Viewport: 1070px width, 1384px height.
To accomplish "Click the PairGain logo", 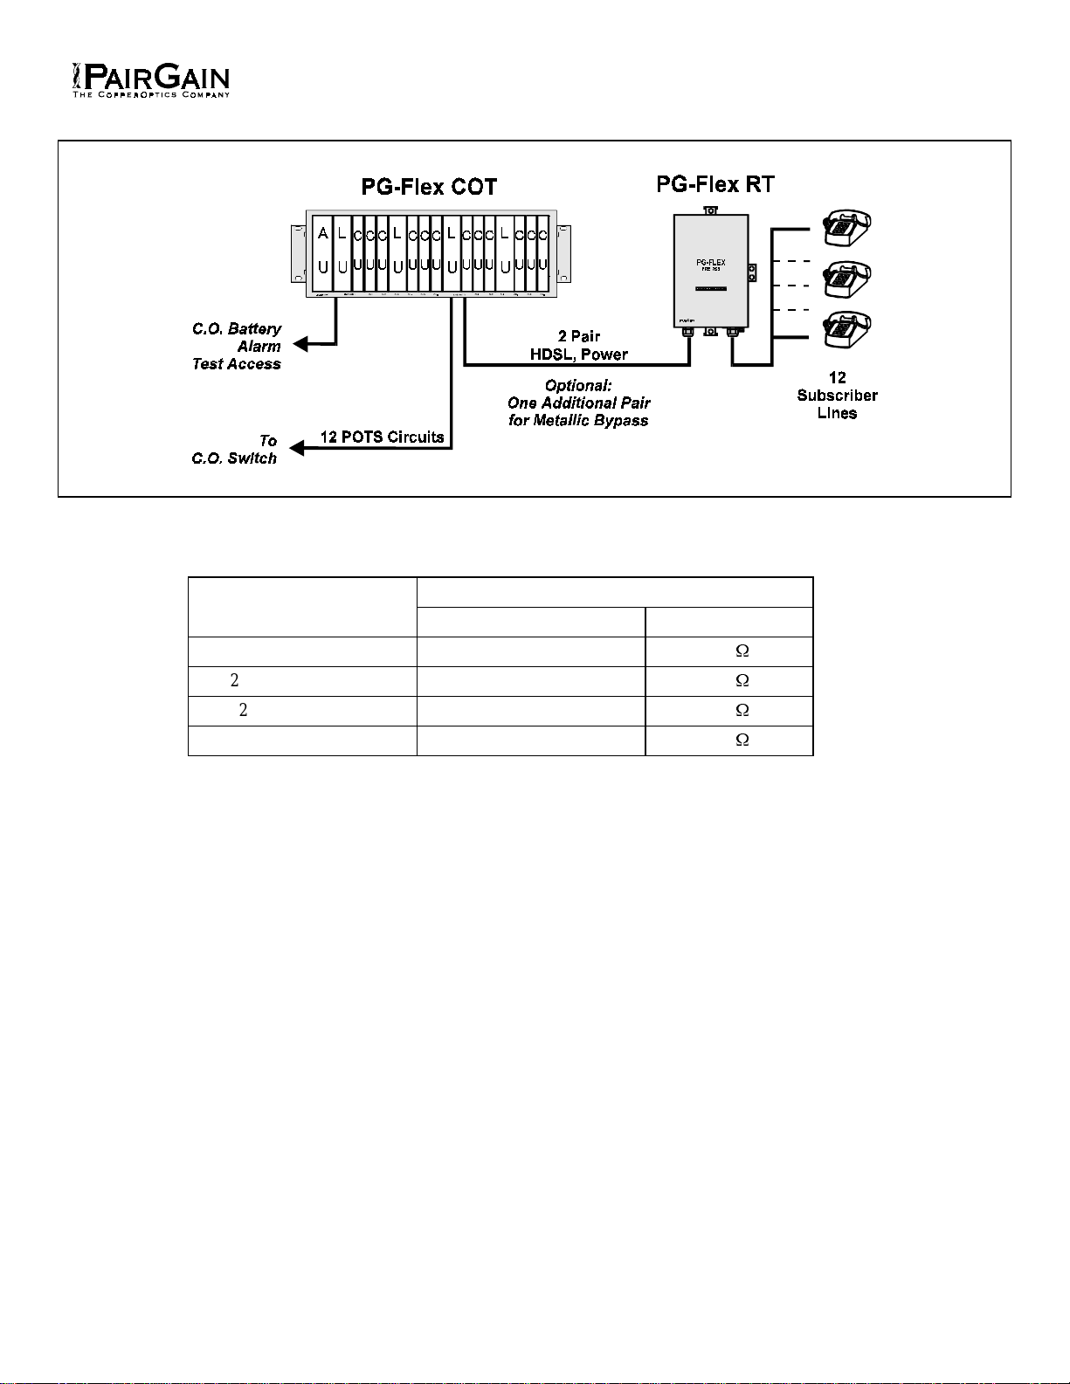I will pyautogui.click(x=150, y=79).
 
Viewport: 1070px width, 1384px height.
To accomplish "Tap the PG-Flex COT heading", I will pyautogui.click(x=429, y=187).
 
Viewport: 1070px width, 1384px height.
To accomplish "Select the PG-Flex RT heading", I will pyautogui.click(x=714, y=184).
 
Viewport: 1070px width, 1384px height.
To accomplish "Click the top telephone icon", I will pyautogui.click(x=845, y=228).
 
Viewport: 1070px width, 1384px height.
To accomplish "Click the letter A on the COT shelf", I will pyautogui.click(x=323, y=233).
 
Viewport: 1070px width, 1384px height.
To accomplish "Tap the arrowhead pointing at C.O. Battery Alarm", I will pyautogui.click(x=300, y=344).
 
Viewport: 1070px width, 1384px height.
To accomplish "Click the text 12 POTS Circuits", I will pyautogui.click(x=382, y=437).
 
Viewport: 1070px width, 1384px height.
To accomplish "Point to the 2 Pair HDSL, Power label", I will pyautogui.click(x=579, y=346).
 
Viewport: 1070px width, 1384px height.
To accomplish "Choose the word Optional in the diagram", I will pyautogui.click(x=578, y=385).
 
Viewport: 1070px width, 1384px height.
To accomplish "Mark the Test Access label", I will pyautogui.click(x=237, y=364).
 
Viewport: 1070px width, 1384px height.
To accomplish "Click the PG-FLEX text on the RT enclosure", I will pyautogui.click(x=710, y=262).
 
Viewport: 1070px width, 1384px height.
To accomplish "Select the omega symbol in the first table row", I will pyautogui.click(x=742, y=651).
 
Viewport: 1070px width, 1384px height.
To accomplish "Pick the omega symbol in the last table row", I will pyautogui.click(x=742, y=740).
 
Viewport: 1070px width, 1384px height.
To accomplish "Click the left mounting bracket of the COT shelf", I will pyautogui.click(x=298, y=253).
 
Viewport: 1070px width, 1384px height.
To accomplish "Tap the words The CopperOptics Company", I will pyautogui.click(x=150, y=94).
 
